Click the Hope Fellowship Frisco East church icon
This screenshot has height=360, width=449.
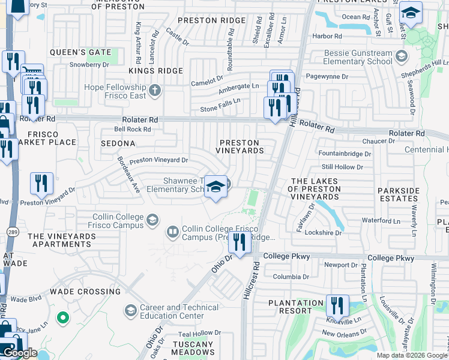(x=155, y=91)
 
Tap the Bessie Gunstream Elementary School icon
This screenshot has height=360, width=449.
(x=401, y=57)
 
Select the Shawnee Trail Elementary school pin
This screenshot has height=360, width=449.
(x=215, y=187)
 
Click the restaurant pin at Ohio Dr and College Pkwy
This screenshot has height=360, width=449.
(x=240, y=242)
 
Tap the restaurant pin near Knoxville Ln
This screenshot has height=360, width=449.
(x=337, y=305)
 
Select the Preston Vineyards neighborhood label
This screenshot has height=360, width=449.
(x=240, y=146)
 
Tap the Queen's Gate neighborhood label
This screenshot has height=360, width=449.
(x=80, y=52)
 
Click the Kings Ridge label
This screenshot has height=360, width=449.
(x=155, y=71)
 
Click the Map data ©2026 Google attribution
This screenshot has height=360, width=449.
(x=412, y=355)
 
